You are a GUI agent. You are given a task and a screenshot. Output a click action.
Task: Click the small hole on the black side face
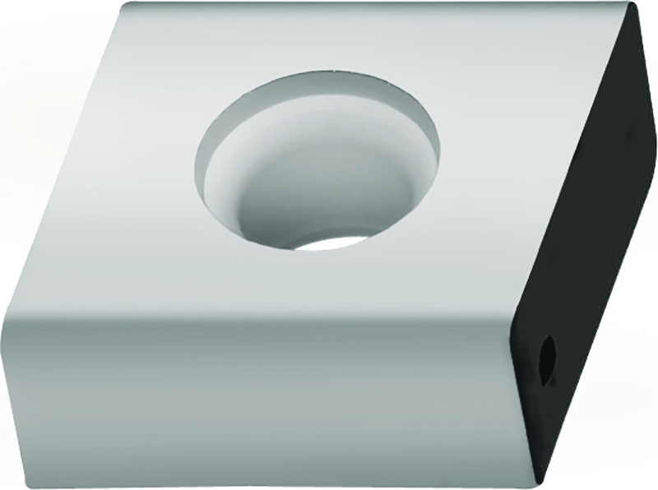pos(545,356)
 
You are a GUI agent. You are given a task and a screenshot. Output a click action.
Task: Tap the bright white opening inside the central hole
pos(333,240)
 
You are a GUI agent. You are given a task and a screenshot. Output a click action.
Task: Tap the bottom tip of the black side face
pos(540,481)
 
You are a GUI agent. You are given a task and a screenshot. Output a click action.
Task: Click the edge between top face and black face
pos(576,156)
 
